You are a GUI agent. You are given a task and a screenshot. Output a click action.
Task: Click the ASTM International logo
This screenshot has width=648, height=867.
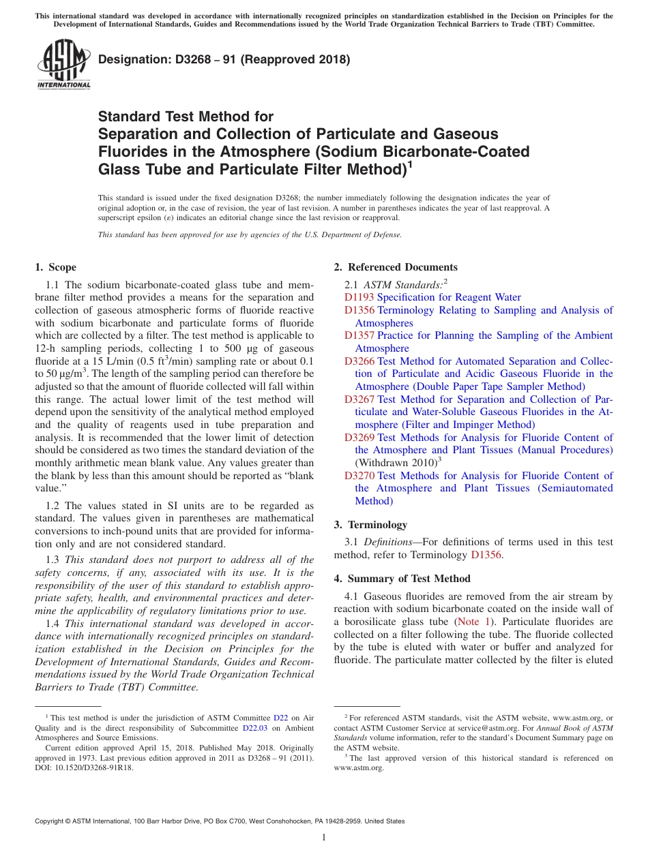pos(63,65)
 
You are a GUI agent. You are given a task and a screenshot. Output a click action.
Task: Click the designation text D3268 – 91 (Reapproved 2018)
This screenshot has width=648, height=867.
pos(224,59)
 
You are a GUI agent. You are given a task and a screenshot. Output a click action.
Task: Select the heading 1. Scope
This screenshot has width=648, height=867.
pos(55,267)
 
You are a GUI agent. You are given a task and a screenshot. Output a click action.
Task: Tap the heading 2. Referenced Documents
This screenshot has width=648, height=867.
pos(396,267)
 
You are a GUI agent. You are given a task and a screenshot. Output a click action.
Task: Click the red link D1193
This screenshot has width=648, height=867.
pos(359,297)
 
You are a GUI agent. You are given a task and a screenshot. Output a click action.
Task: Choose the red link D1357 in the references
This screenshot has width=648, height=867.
pos(359,335)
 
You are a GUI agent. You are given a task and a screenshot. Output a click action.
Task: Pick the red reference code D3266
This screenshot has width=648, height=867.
pos(359,361)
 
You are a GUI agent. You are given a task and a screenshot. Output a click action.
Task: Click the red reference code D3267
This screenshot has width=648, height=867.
pos(359,399)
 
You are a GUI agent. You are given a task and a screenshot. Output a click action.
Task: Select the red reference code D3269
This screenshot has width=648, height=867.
pos(359,438)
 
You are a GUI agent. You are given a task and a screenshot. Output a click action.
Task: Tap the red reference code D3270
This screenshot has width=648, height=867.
pos(359,476)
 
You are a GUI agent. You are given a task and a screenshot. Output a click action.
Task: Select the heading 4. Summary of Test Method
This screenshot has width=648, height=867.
pos(402,579)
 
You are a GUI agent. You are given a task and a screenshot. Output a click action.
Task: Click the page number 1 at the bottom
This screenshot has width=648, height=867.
pos(324,837)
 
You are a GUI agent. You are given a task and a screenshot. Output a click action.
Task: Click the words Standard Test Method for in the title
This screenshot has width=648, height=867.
pos(186,117)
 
